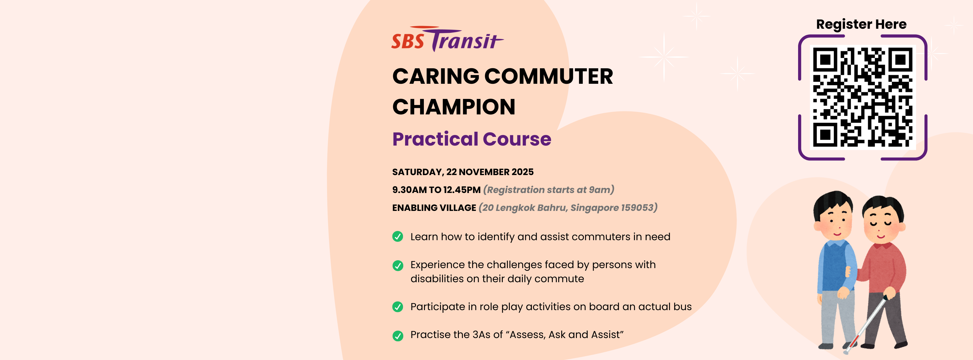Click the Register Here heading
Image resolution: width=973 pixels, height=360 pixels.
coord(861,24)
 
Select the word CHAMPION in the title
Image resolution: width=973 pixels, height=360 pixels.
coord(454,107)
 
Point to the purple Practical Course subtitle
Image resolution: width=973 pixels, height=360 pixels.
coord(472,139)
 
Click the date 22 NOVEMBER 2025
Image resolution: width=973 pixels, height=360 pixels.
coord(490,172)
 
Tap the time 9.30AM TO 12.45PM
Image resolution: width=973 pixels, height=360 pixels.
coord(436,190)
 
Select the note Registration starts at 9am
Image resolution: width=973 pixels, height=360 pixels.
coord(548,190)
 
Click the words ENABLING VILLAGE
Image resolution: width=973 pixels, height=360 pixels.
coord(434,208)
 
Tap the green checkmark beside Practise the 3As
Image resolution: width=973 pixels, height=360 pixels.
coord(398,335)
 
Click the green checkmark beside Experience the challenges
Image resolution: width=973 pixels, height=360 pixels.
coord(398,266)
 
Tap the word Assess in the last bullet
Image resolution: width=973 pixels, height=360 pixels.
coord(527,335)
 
